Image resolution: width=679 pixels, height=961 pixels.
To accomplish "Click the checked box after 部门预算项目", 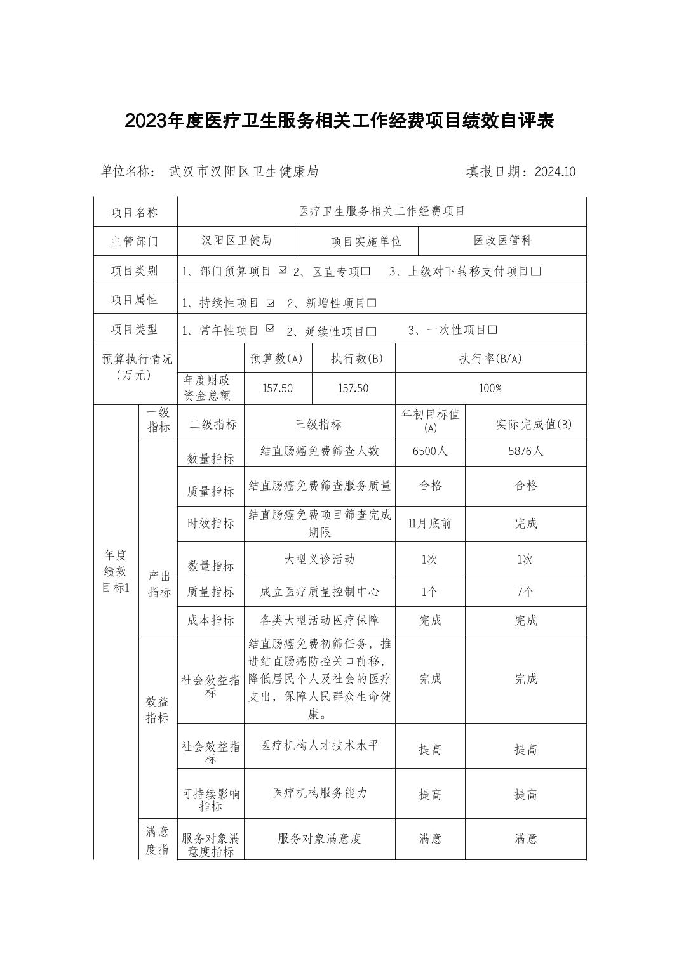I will (283, 270).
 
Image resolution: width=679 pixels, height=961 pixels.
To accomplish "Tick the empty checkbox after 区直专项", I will (365, 272).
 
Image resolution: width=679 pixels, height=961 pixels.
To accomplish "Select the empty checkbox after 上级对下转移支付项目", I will (535, 272).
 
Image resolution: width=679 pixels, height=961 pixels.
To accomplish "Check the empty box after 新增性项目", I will (372, 303).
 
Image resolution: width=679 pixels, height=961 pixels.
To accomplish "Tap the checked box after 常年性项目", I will (270, 329).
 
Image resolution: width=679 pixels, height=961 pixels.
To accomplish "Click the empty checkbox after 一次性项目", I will (492, 330).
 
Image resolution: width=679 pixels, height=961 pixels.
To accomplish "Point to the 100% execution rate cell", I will (490, 388).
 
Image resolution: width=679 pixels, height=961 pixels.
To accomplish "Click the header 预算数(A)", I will (277, 359).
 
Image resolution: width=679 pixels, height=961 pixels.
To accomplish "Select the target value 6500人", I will (430, 451).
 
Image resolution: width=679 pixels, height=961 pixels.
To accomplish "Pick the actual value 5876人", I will (525, 451).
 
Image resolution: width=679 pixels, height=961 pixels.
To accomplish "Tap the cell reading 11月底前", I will (430, 524).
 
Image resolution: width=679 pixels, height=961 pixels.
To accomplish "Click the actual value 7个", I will (525, 592).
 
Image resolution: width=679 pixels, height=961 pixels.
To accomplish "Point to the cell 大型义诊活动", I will (319, 559).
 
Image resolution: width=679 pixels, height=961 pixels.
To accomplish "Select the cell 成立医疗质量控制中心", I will (319, 592).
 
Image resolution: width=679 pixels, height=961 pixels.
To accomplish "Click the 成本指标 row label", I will (210, 621).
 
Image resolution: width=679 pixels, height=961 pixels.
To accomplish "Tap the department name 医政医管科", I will (502, 241).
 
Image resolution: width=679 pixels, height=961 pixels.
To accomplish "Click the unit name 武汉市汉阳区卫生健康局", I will (244, 171).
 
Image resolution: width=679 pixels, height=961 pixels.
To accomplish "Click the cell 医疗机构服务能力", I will (319, 793).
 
